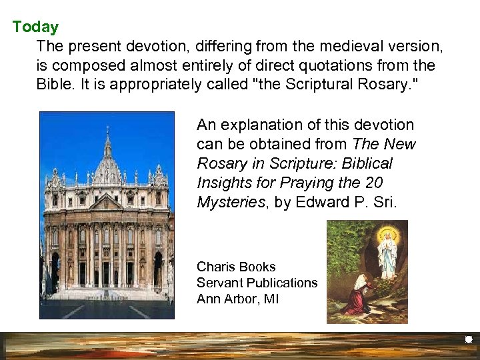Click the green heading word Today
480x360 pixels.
pyautogui.click(x=35, y=27)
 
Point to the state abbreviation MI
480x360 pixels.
pyautogui.click(x=271, y=299)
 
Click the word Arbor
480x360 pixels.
pyautogui.click(x=241, y=299)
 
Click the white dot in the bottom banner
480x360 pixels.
pyautogui.click(x=468, y=340)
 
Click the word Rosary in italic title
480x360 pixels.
pyautogui.click(x=219, y=163)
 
